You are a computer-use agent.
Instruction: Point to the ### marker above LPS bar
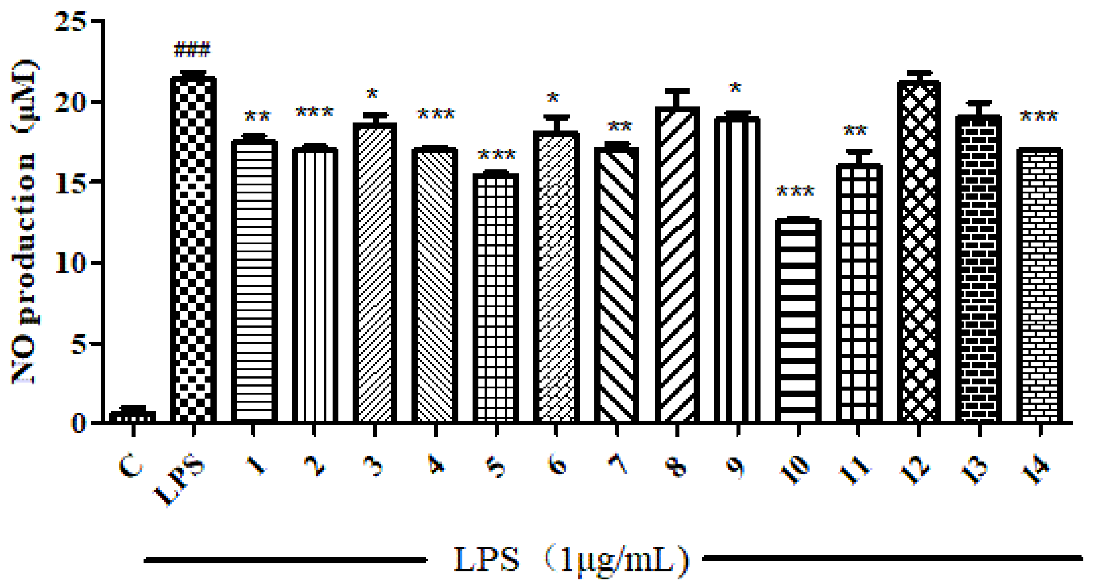tap(192, 50)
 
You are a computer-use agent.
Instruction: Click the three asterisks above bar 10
tap(795, 191)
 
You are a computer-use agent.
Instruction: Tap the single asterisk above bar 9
tap(735, 88)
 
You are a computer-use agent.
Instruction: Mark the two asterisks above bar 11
tap(855, 130)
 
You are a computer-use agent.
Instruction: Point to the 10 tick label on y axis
tap(70, 263)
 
